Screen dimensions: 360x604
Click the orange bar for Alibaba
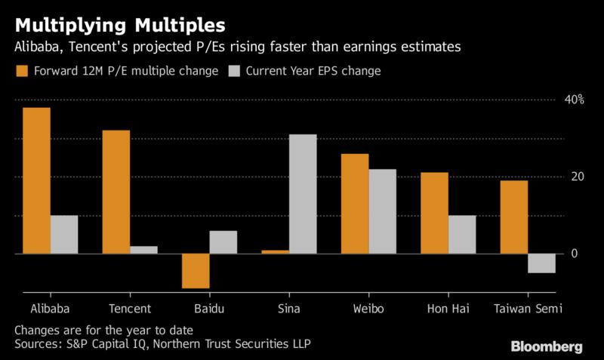pos(36,180)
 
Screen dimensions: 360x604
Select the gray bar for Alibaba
pos(64,235)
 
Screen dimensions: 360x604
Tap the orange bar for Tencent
pos(116,192)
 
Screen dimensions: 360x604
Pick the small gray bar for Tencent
pos(143,250)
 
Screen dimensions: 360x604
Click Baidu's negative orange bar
pos(196,271)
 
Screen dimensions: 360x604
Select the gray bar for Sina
pos(303,194)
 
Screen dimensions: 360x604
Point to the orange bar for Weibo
pos(355,204)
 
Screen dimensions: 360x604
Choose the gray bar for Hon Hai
pos(461,235)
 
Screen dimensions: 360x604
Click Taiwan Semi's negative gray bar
pos(541,263)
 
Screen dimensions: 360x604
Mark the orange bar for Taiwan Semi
pos(513,217)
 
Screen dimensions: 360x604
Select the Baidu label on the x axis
pos(209,309)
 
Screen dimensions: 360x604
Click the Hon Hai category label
pos(448,309)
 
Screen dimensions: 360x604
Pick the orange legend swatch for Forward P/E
pos(21,72)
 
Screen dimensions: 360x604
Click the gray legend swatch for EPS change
pos(233,72)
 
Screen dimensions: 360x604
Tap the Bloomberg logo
pos(547,347)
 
